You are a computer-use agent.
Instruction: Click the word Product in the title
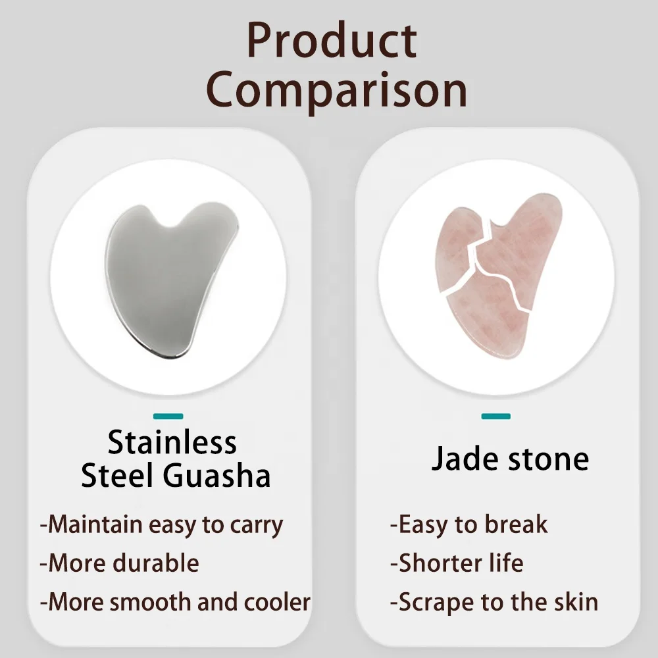click(332, 41)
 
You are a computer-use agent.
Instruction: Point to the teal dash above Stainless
click(168, 416)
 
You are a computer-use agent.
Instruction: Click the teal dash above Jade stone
click(495, 416)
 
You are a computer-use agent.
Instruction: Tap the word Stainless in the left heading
click(172, 442)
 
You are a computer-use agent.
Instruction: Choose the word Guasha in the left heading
click(218, 476)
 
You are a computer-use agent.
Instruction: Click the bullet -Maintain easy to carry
click(161, 524)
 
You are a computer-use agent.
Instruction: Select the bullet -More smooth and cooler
click(175, 601)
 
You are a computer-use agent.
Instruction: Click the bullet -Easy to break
click(468, 524)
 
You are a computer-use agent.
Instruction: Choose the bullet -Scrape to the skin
click(493, 601)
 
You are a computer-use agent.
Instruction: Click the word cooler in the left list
click(277, 601)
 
